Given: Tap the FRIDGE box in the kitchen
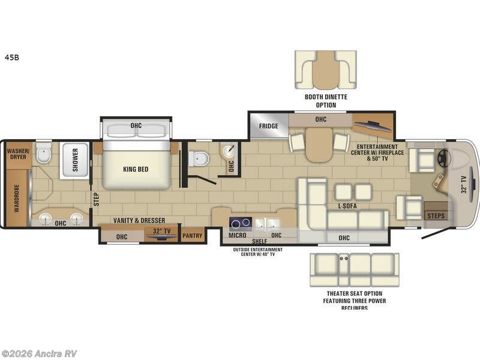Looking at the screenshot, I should (268, 127).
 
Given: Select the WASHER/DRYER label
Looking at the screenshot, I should (18, 155).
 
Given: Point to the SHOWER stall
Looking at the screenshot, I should (75, 160).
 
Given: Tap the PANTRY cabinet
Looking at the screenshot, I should (193, 236).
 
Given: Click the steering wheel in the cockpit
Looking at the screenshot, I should (445, 158).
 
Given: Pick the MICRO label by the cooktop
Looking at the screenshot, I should (239, 235).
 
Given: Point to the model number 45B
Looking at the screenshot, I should (12, 58).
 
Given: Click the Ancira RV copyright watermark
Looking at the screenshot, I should (39, 353).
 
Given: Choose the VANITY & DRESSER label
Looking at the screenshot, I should (139, 220).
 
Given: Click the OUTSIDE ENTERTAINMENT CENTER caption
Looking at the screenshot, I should (260, 250).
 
